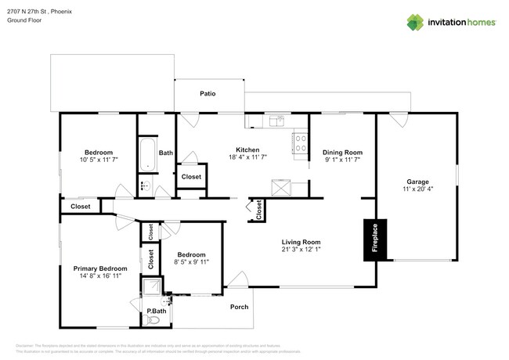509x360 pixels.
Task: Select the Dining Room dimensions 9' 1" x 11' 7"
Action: click(342, 160)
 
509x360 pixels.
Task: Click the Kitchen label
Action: click(247, 150)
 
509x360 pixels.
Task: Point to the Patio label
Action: click(208, 93)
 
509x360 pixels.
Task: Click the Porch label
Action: click(239, 307)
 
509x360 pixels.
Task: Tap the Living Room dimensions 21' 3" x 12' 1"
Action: click(301, 251)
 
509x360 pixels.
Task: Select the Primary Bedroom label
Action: click(99, 268)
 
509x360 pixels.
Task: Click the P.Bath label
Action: click(157, 311)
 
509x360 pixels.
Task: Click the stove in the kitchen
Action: click(300, 142)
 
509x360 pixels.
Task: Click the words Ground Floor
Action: click(25, 20)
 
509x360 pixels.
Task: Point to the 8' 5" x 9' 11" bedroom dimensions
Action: click(191, 263)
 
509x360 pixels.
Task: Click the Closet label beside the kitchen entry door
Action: click(191, 177)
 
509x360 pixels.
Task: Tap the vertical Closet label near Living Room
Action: click(258, 210)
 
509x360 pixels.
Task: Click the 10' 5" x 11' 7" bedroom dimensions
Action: click(99, 160)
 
